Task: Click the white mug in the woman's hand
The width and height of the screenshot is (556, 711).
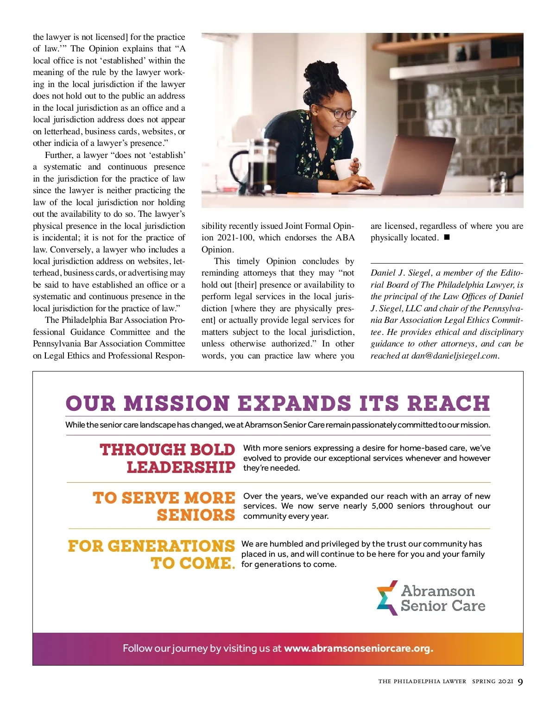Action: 343,169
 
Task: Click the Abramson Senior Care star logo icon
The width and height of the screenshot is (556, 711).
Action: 387,598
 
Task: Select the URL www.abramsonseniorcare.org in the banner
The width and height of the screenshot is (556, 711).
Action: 358,648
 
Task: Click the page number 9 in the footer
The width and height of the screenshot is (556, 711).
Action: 520,681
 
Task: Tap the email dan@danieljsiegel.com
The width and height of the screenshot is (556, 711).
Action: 454,356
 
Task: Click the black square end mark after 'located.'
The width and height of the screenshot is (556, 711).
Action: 447,238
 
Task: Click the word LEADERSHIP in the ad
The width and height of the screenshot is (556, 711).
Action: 181,467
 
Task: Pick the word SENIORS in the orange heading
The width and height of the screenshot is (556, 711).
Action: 196,515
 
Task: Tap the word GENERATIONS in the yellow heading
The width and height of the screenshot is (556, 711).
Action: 171,546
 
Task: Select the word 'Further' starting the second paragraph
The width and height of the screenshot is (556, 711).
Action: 58,155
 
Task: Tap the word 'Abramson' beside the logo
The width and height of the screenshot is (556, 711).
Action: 438,591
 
